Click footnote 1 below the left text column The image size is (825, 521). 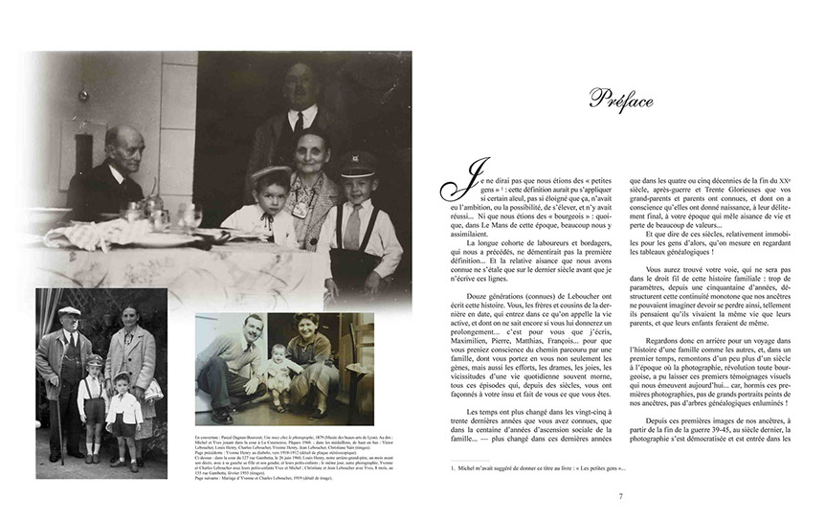pyautogui.click(x=541, y=468)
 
